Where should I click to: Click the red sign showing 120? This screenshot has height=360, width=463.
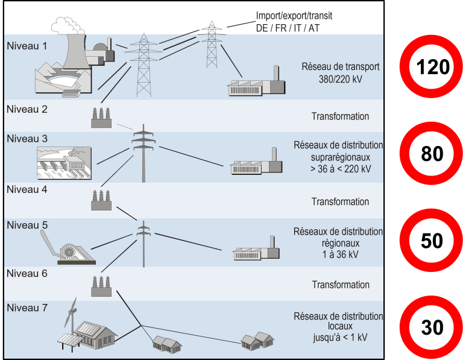[432, 67]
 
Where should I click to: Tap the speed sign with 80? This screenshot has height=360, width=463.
[432, 154]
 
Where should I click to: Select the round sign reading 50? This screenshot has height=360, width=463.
[432, 241]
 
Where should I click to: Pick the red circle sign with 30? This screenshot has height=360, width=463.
[432, 328]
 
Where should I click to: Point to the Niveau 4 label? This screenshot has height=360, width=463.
[27, 189]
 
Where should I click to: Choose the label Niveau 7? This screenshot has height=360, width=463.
[27, 308]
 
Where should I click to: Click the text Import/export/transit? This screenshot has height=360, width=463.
[295, 16]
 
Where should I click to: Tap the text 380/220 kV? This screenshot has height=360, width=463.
[340, 79]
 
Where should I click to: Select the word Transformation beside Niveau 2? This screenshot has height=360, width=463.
[340, 116]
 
